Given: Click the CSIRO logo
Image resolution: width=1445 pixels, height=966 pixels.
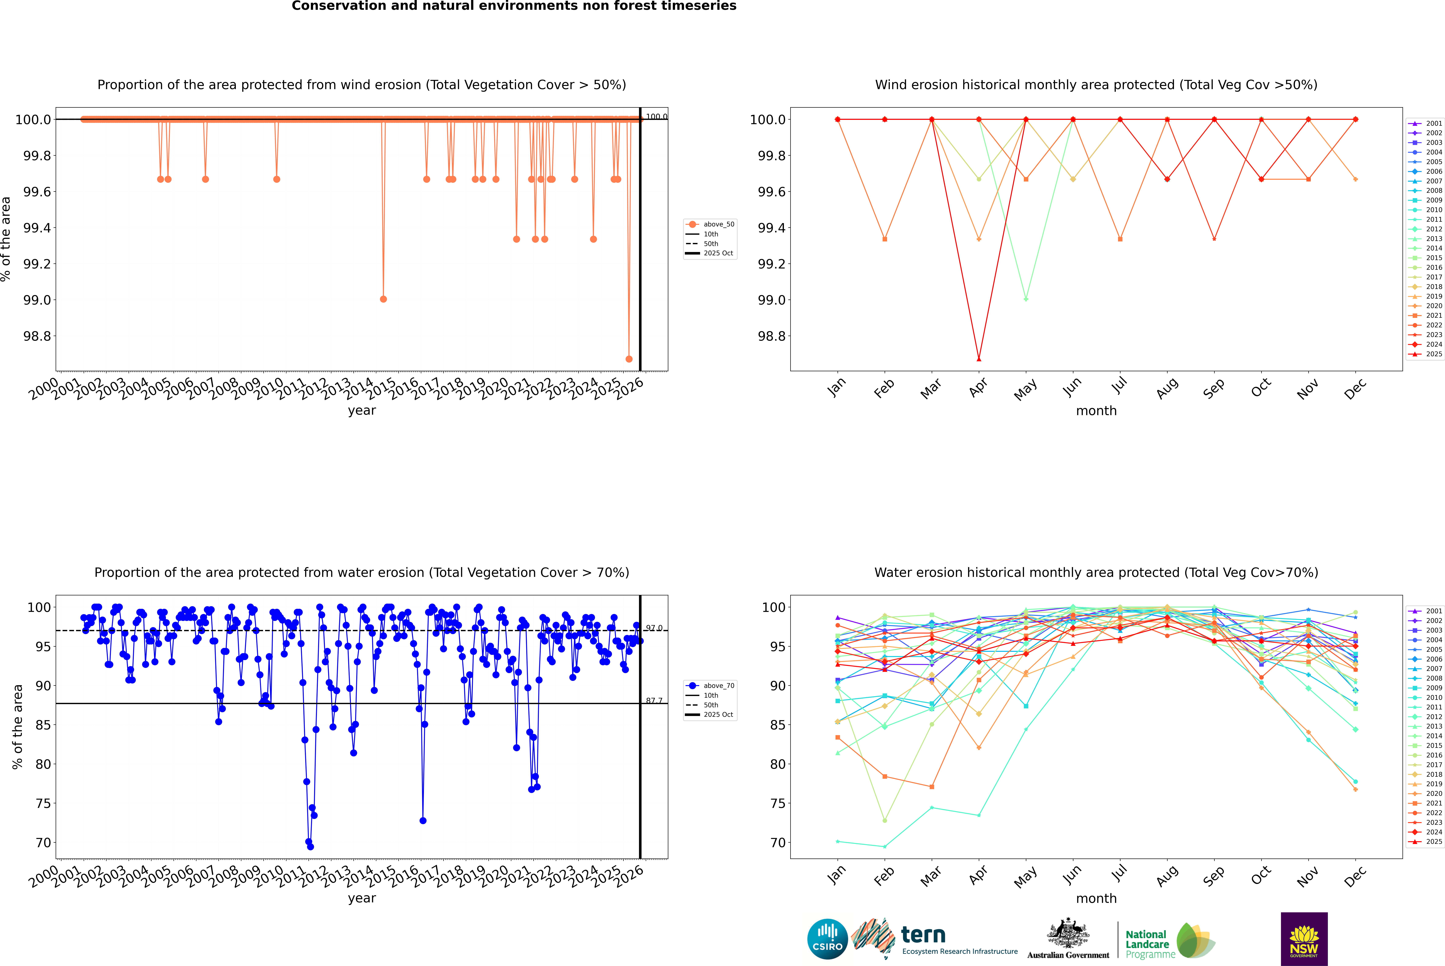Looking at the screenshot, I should coord(827,939).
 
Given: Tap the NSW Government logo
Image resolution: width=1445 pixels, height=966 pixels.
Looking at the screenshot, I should coord(1304,939).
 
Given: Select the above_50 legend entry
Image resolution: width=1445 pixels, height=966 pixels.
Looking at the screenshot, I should coord(710,224).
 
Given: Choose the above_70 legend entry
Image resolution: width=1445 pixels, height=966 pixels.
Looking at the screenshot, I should coord(710,686).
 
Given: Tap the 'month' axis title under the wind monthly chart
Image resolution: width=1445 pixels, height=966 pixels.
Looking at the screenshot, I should coord(1096,411).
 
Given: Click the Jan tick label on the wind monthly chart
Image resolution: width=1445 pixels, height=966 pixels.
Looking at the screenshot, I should coord(836,387).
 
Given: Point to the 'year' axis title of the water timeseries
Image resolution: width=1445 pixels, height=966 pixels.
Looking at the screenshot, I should coord(362,898).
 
